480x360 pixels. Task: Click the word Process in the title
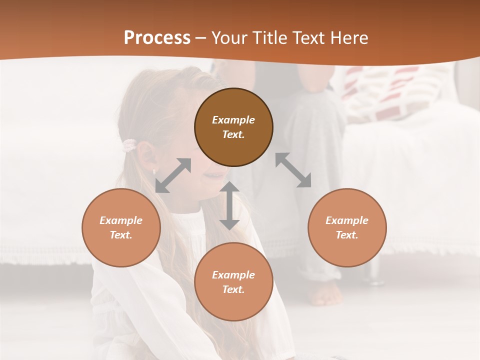(157, 38)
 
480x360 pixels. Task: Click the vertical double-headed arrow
(229, 205)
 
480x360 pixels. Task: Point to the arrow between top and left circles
(173, 175)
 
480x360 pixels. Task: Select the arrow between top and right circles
(293, 170)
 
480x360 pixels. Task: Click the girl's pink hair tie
(129, 145)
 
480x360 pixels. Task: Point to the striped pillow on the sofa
(395, 92)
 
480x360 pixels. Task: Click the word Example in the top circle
(233, 120)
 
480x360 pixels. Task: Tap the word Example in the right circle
(347, 220)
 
